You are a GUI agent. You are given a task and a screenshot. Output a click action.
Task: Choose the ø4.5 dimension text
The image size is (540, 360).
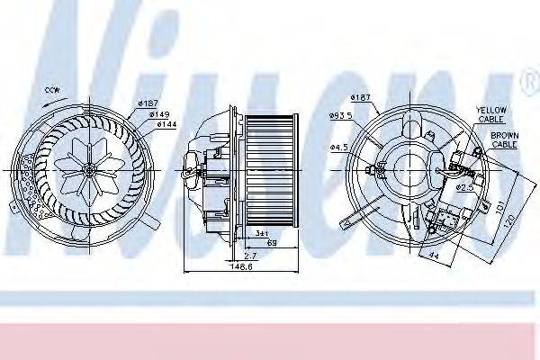338,147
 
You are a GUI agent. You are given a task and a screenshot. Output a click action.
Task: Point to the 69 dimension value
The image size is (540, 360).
271,244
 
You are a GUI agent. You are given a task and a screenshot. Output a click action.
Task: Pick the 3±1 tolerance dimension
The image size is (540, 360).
262,232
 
